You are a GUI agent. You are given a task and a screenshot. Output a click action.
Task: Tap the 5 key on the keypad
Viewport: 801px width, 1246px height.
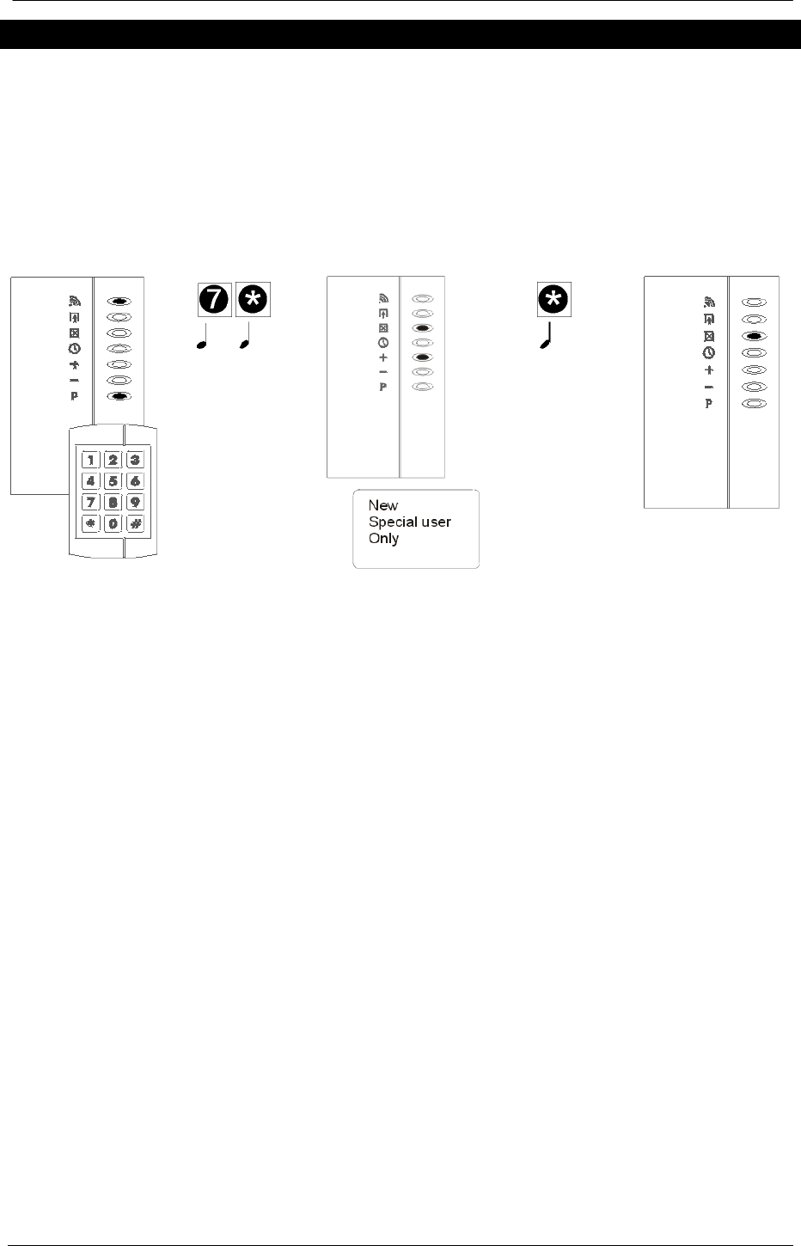[113, 481]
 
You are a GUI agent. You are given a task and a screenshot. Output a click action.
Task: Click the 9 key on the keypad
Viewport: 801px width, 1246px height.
[135, 502]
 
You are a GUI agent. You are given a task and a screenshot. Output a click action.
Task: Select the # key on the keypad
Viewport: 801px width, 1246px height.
[135, 523]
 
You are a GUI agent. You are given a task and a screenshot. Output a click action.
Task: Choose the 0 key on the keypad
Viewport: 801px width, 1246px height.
[113, 523]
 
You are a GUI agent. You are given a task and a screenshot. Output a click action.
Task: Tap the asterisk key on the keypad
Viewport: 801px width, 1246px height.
[90, 523]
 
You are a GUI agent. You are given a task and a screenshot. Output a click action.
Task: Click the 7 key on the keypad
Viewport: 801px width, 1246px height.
[90, 502]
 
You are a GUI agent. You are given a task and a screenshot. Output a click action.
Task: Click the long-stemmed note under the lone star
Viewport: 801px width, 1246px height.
[547, 334]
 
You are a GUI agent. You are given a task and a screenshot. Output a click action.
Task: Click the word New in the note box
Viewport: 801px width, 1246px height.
[383, 506]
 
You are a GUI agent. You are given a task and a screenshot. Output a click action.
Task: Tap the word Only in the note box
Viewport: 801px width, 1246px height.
[383, 539]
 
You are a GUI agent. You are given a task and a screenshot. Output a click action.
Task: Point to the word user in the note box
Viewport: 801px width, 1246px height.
[435, 522]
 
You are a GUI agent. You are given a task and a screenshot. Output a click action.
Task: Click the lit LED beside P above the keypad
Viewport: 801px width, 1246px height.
[119, 396]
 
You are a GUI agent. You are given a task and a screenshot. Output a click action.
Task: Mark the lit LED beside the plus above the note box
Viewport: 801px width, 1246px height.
[422, 357]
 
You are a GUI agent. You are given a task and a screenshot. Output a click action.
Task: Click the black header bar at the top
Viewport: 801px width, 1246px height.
[400, 34]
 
